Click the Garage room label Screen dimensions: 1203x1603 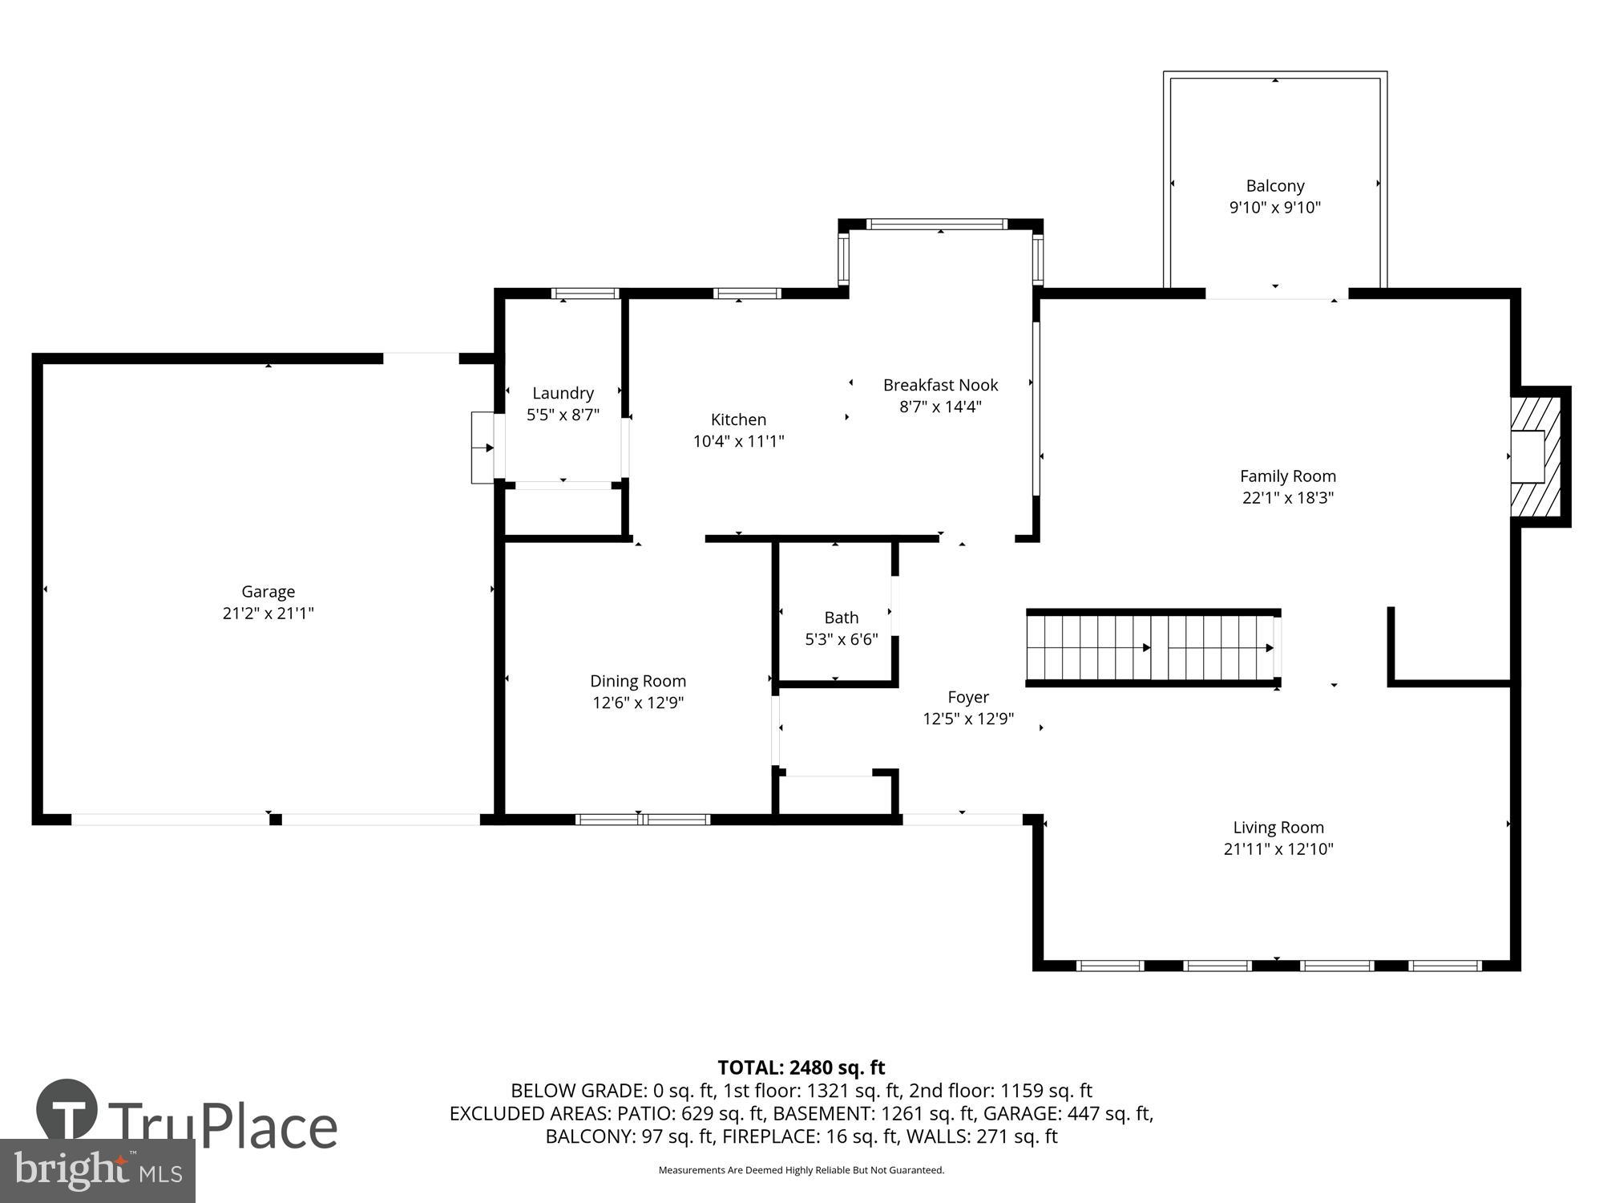[x=268, y=591]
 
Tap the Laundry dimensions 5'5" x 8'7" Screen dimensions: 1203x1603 [x=563, y=415]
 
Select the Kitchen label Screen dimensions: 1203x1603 [x=738, y=419]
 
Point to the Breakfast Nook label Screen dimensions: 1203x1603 [x=940, y=385]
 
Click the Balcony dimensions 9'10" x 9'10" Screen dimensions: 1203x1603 [x=1274, y=208]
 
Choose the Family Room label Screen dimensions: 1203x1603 [x=1287, y=476]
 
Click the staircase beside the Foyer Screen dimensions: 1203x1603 [x=1152, y=646]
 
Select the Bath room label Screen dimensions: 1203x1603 [x=841, y=618]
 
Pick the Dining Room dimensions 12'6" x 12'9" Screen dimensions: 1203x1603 [x=638, y=703]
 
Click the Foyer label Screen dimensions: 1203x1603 [x=967, y=697]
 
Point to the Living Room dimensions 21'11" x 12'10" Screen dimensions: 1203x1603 [x=1278, y=849]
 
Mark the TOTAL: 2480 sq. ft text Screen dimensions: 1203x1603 [x=801, y=1067]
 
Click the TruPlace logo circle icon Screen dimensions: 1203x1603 [x=67, y=1109]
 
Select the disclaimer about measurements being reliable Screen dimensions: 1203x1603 [x=801, y=1170]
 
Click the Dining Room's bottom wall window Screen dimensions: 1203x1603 [x=642, y=819]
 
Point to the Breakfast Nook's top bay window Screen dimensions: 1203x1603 [x=936, y=225]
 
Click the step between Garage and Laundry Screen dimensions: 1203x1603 [x=483, y=448]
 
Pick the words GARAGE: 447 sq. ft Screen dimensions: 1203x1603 [x=1067, y=1113]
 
